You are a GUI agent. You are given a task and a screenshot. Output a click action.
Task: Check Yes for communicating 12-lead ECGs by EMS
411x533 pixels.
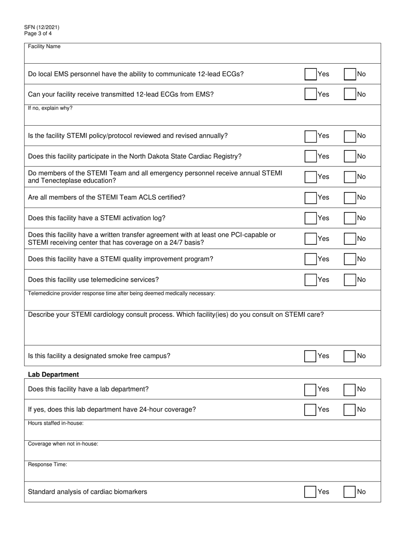[x=310, y=74]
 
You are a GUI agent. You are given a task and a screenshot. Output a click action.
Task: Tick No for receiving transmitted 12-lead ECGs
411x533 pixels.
[x=350, y=94]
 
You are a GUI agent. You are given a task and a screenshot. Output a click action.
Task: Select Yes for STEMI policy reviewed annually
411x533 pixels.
[x=310, y=136]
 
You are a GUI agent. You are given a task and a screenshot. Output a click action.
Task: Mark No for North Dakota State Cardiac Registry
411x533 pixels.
[x=350, y=156]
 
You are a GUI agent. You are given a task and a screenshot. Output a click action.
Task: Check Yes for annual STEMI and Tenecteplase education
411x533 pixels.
[x=310, y=177]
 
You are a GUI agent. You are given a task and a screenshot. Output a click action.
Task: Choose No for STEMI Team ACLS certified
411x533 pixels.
[x=350, y=198]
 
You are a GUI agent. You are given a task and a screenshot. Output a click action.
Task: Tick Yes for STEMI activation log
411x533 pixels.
[x=310, y=218]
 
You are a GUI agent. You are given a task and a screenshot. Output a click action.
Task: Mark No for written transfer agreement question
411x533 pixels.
[x=350, y=239]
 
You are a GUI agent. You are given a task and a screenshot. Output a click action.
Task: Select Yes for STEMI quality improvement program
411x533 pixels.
[x=310, y=259]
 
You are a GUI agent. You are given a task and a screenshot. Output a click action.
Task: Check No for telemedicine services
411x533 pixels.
[x=350, y=280]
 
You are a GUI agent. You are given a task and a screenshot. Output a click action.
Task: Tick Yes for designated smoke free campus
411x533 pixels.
[x=310, y=356]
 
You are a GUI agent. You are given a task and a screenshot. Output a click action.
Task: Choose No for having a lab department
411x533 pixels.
[x=350, y=390]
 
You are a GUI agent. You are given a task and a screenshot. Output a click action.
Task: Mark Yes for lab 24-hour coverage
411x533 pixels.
[x=310, y=409]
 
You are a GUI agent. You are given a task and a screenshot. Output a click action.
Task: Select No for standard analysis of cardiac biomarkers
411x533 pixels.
[x=350, y=492]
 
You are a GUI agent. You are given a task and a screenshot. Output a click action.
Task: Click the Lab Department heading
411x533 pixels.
[x=53, y=374]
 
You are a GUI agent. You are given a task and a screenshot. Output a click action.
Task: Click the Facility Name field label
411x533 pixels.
[x=44, y=47]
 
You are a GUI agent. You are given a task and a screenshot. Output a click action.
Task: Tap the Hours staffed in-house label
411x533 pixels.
[x=56, y=423]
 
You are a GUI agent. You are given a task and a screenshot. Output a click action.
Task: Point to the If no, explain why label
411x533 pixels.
[x=50, y=108]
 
